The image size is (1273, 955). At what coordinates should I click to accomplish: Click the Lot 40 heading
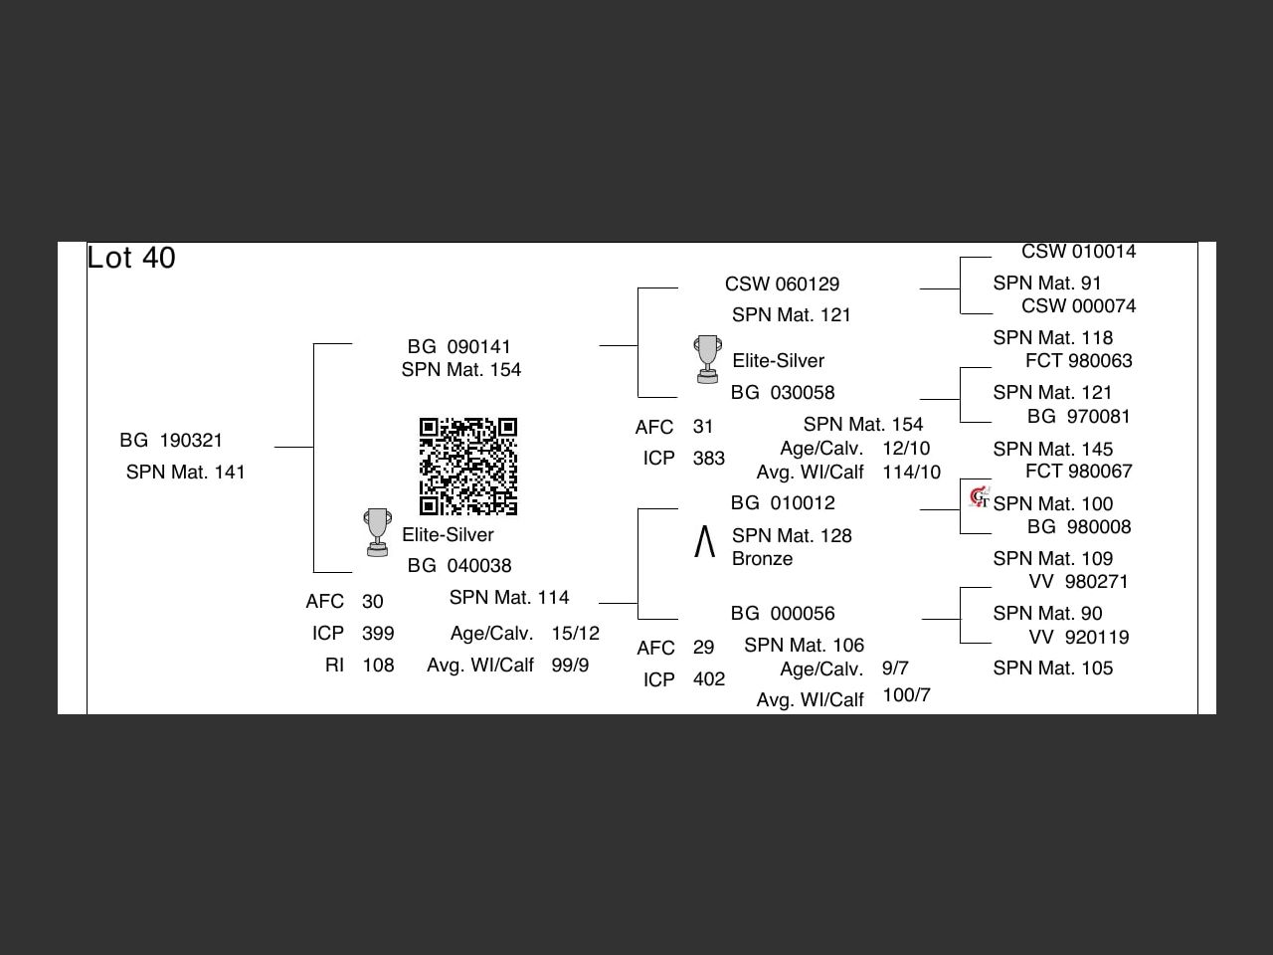[131, 258]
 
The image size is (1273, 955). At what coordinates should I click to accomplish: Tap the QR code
[467, 467]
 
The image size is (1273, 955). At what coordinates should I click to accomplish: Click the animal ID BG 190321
[171, 440]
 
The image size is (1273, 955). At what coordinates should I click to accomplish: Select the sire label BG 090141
[459, 346]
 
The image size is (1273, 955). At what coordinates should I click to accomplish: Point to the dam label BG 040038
[459, 565]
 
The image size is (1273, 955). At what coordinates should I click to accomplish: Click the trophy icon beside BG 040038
[377, 532]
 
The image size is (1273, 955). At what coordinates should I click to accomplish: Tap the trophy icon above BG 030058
[707, 358]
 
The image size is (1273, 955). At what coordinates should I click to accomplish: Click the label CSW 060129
[782, 284]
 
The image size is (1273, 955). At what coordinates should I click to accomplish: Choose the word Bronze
[762, 559]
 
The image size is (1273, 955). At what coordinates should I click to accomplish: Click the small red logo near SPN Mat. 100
[980, 496]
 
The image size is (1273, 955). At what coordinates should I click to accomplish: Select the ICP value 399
[378, 633]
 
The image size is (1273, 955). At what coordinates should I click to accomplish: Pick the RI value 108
[378, 665]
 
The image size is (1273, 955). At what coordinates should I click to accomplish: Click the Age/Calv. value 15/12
[575, 633]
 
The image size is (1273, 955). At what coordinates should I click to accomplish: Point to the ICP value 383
[708, 459]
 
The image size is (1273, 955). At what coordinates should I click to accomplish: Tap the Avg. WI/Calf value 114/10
[910, 472]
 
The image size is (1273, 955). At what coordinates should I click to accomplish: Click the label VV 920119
[1078, 637]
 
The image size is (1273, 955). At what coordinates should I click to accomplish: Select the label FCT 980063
[1078, 360]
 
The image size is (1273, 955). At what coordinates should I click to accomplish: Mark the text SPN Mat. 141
[185, 472]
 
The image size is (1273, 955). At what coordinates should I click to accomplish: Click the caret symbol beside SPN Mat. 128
[704, 542]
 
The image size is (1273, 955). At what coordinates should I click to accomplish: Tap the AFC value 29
[703, 647]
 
